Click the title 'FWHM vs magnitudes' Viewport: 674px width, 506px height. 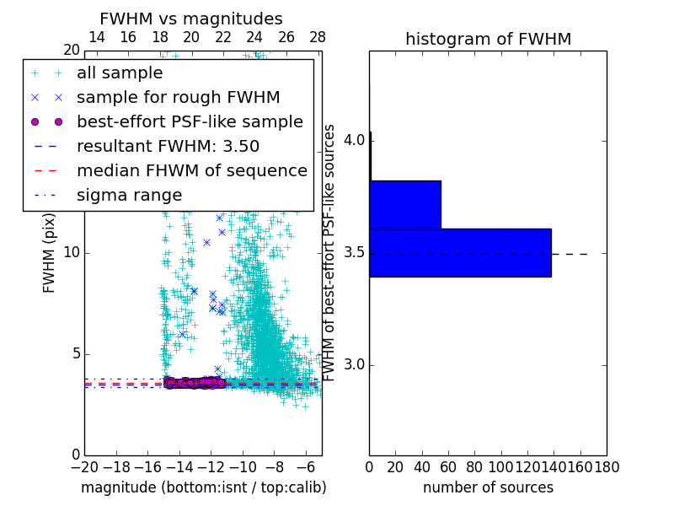[191, 19]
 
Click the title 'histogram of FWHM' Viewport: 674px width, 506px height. [488, 39]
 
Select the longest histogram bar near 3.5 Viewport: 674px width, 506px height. [460, 252]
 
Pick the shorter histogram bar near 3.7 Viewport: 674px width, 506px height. [405, 204]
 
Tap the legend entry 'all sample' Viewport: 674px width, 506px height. [120, 73]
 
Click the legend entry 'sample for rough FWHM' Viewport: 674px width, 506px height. [178, 97]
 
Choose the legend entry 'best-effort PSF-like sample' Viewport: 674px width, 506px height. [190, 121]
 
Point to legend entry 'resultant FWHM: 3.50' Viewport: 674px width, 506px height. [168, 146]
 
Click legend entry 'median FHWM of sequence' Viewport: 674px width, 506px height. [191, 170]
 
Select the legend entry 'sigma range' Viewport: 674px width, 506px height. [129, 195]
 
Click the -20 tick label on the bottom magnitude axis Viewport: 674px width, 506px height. [84, 466]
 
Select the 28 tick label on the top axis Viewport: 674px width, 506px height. [318, 37]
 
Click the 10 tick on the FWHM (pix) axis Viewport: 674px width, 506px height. [72, 253]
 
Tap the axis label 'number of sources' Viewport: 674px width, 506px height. [488, 487]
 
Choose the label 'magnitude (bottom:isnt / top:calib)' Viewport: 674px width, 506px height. [203, 487]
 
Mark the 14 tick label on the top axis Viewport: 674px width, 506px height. [97, 37]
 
